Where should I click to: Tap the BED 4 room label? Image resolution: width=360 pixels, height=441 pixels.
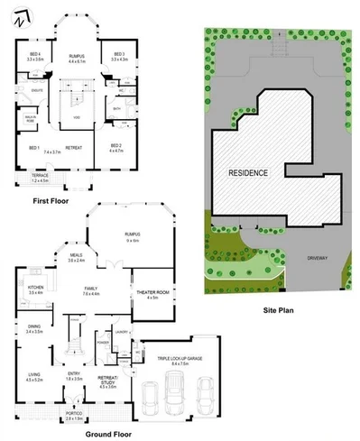point(37,56)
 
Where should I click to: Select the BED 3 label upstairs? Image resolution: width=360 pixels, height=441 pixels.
point(118,56)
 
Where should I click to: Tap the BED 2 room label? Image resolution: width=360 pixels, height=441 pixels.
point(116,146)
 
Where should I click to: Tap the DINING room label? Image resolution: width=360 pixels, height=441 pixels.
point(34,329)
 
